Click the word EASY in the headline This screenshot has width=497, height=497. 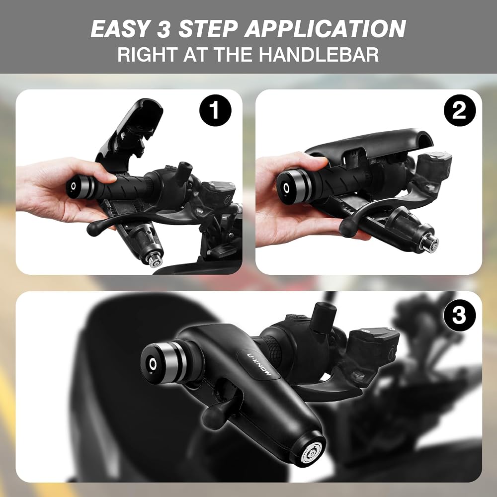[120, 29]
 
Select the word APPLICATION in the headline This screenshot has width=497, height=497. [325, 29]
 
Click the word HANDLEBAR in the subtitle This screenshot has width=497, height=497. [319, 55]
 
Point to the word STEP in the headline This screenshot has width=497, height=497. [208, 29]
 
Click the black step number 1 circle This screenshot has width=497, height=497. [215, 110]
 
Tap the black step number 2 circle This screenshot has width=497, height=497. [460, 110]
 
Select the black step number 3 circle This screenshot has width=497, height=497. [460, 316]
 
